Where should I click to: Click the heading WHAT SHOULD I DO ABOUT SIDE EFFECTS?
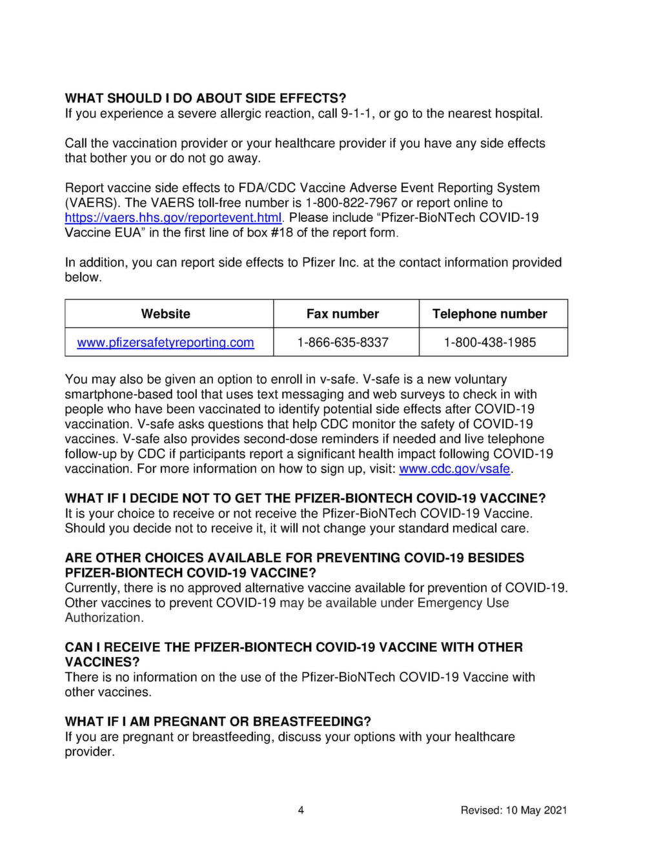click(x=205, y=98)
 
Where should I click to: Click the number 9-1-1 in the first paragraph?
click(x=358, y=114)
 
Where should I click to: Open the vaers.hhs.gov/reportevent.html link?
click(x=173, y=217)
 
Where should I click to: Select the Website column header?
click(x=166, y=314)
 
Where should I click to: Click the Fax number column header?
click(x=343, y=314)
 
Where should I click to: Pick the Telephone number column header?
click(x=490, y=314)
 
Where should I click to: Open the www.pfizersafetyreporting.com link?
click(x=165, y=343)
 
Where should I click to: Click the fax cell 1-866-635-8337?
click(x=343, y=343)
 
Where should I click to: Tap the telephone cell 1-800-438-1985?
click(x=490, y=343)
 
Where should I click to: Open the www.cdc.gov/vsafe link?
click(x=454, y=469)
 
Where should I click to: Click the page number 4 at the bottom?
click(x=301, y=810)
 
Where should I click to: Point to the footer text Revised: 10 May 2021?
click(x=514, y=810)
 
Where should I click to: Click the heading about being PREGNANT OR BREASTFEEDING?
click(x=218, y=721)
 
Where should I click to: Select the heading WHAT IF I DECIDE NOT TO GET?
click(x=305, y=498)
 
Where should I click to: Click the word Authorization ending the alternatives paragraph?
click(x=103, y=618)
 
